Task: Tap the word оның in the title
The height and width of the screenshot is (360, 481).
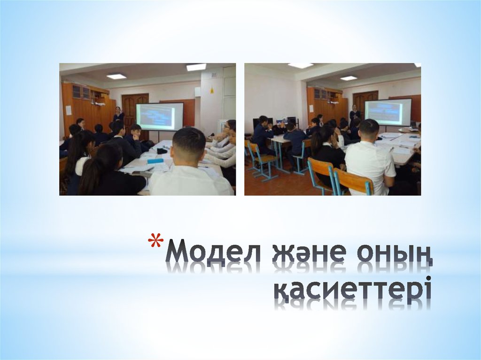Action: tap(394, 256)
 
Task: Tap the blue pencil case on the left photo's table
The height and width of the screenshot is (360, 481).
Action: tap(155, 161)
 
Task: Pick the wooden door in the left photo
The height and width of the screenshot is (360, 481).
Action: tap(135, 113)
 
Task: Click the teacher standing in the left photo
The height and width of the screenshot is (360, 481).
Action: tap(118, 114)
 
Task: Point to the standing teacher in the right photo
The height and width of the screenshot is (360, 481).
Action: tap(355, 114)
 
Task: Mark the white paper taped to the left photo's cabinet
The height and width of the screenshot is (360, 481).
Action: tap(69, 110)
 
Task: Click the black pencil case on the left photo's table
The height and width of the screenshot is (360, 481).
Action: tap(162, 151)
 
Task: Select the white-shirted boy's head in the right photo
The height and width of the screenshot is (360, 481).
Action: tap(369, 131)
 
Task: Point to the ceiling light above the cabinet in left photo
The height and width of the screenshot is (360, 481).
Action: tap(116, 76)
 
